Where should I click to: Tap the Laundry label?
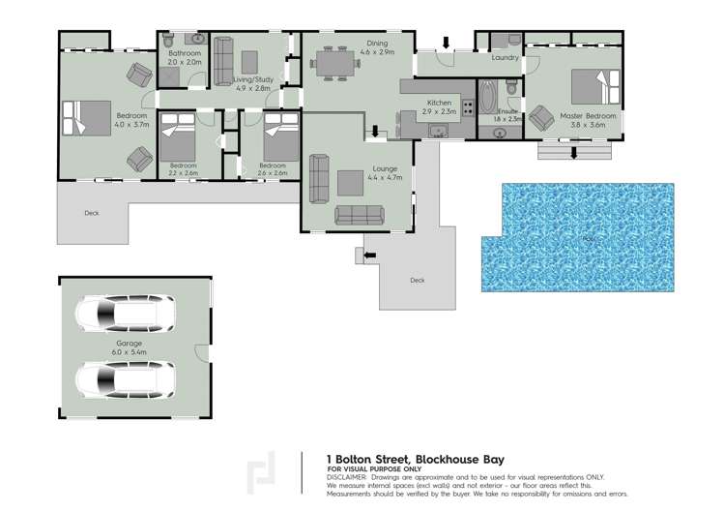click(x=505, y=57)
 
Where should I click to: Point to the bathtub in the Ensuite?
click(x=486, y=97)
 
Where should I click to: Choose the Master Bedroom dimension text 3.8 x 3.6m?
click(x=588, y=125)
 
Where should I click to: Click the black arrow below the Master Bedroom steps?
click(x=573, y=152)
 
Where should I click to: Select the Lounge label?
click(x=359, y=168)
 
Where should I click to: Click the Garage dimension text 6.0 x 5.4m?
click(x=130, y=351)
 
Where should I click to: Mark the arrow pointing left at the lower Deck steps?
click(x=369, y=255)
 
